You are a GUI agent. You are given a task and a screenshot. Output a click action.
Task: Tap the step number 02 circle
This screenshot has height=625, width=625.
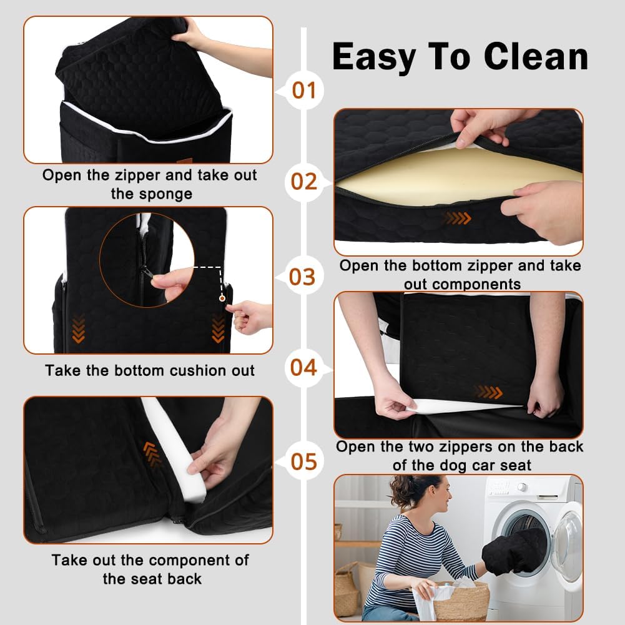pos(304,182)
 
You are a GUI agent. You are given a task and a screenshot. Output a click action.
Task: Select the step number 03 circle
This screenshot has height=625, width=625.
pos(303,276)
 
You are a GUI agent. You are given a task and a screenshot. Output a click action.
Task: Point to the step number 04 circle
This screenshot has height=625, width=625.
pos(304,367)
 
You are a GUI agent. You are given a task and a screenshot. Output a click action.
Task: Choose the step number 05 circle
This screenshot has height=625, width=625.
pos(304,461)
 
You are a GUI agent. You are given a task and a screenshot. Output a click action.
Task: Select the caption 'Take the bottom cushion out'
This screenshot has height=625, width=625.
pos(150,370)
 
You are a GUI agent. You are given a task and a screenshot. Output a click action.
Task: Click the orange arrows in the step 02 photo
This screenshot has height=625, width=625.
pos(458,218)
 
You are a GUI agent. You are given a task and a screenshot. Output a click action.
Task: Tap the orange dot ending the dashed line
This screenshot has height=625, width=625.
pos(222,298)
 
